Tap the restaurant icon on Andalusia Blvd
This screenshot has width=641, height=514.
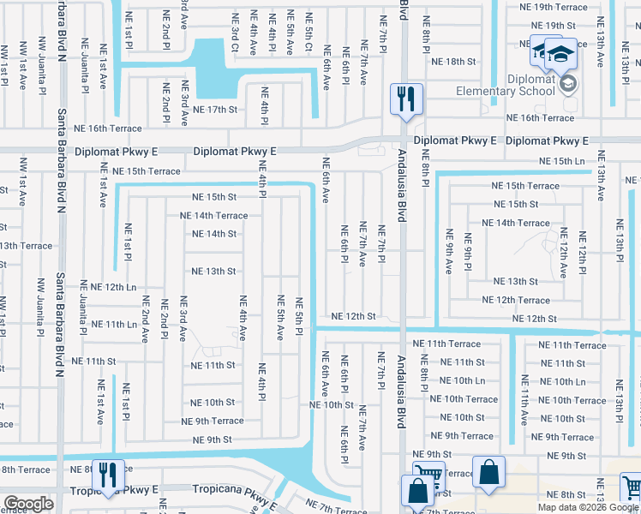coord(404,99)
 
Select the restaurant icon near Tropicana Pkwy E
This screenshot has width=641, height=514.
coord(110,476)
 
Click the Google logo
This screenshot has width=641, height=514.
coord(28,504)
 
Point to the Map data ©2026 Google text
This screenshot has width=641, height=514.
coord(588,507)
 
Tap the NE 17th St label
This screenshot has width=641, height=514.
coord(214,110)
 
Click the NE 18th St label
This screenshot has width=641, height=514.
coord(453,62)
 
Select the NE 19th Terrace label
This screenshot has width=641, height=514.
coord(553,7)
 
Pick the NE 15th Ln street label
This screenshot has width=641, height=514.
coord(561,161)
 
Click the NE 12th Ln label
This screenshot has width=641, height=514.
coord(114,287)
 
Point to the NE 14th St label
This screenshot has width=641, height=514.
coord(213,234)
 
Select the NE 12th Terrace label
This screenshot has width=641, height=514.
coord(516,300)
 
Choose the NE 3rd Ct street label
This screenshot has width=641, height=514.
coord(235,31)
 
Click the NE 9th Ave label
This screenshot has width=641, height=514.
coord(448,250)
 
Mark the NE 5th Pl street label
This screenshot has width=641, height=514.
coord(299,317)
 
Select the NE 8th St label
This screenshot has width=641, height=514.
coord(566,495)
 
